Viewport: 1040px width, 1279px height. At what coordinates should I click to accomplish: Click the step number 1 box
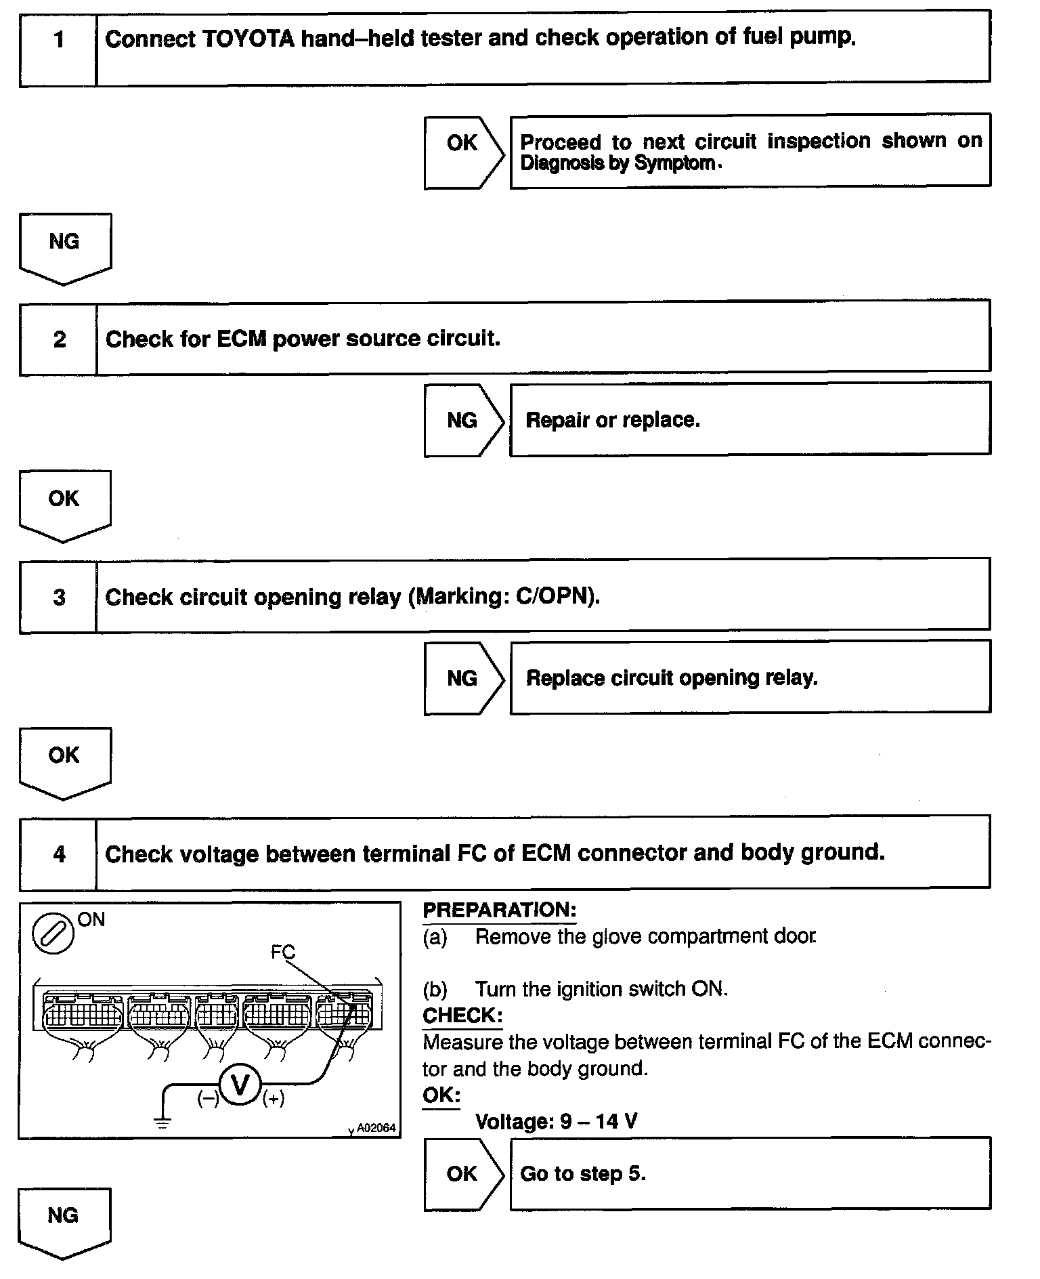click(58, 40)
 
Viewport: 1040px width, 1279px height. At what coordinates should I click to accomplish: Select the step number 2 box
click(59, 339)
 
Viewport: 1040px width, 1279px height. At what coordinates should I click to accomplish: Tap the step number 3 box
click(59, 597)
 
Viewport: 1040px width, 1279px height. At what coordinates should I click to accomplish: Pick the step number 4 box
click(59, 854)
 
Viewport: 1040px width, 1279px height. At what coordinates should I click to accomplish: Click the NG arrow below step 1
click(65, 245)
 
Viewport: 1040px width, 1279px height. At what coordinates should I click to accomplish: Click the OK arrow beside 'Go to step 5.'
click(463, 1174)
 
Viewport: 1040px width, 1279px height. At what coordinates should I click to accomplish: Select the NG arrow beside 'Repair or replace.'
click(463, 420)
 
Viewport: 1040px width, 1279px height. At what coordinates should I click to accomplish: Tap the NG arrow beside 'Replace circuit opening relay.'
click(463, 678)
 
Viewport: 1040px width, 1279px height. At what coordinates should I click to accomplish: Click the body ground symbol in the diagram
click(163, 1123)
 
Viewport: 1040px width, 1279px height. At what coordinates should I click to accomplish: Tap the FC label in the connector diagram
click(282, 952)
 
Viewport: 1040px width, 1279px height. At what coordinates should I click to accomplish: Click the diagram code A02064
click(376, 1128)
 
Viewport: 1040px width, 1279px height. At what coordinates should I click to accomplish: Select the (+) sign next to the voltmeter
click(274, 1098)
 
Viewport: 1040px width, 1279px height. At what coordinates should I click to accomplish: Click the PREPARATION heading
click(499, 910)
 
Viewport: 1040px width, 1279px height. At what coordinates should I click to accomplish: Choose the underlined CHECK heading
click(462, 1015)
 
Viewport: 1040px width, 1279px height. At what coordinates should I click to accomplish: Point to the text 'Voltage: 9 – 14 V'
click(556, 1121)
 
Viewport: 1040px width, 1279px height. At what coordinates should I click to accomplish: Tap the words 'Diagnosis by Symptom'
click(617, 163)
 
